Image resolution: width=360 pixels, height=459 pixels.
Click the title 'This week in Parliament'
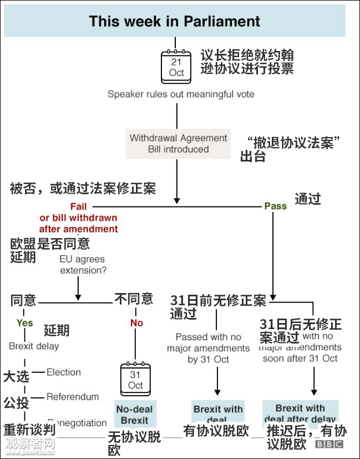175,21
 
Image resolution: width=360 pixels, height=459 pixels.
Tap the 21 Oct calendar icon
176,66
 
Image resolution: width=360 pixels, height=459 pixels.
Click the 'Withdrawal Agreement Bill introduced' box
178,143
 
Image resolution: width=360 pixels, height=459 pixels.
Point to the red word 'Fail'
78,206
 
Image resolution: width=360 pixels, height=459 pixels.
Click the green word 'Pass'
275,206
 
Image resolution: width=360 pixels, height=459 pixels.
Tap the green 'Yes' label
25,323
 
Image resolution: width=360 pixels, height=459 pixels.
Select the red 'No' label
136,323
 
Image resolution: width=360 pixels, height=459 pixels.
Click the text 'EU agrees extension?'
83,265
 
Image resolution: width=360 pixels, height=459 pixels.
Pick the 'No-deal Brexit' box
135,415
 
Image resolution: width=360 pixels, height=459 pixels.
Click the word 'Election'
64,372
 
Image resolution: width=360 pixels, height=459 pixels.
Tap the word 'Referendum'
73,397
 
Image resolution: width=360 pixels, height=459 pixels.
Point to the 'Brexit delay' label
34,346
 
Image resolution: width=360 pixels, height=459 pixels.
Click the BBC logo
329,445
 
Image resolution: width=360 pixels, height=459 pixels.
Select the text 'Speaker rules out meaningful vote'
181,94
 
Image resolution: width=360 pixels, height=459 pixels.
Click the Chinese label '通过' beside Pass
308,199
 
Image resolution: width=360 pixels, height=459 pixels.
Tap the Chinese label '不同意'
134,299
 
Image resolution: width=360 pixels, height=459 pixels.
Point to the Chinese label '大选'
16,377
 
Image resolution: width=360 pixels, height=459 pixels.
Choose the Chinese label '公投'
16,402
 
